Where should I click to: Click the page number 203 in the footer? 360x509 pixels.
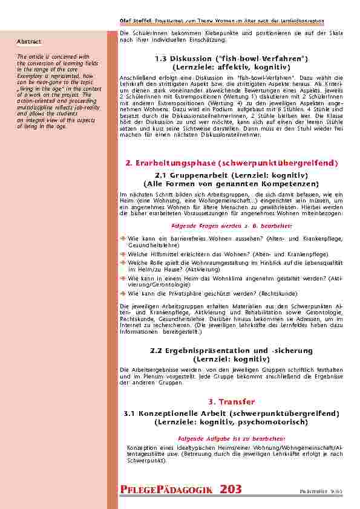coord(232,489)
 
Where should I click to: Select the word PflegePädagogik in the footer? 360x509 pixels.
coord(169,490)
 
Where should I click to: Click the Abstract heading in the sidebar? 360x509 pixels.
coord(29,42)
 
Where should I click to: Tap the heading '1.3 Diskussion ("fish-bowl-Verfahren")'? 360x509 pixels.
coord(232,57)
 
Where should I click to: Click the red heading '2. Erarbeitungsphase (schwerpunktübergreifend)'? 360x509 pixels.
coord(232,163)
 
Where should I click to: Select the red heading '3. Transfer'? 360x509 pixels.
coord(232,401)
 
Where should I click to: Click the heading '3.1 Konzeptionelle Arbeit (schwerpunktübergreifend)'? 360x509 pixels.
coord(232,413)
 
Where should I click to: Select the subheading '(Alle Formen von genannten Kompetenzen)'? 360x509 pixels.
coord(232,183)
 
